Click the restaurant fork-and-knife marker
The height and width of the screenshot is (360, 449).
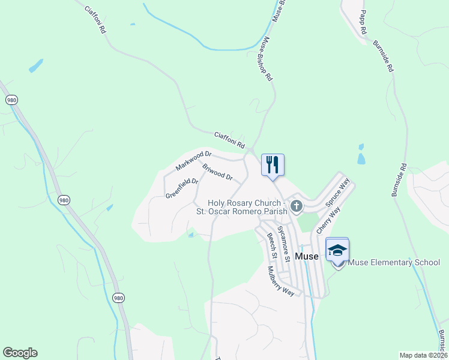click(x=273, y=165)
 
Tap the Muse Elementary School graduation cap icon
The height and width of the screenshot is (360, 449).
click(x=337, y=250)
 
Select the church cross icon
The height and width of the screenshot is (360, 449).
click(x=296, y=206)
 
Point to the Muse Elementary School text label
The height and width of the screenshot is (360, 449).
click(x=394, y=262)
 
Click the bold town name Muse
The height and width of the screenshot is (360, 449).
click(x=307, y=256)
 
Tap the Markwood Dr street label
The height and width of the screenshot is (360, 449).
click(x=194, y=160)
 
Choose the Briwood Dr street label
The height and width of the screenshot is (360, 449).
click(x=217, y=172)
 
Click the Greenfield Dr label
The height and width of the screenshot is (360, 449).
click(x=181, y=188)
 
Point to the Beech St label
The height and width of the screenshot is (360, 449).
click(x=271, y=246)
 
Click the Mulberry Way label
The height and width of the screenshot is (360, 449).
click(x=280, y=281)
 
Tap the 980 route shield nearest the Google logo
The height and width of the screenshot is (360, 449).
click(x=118, y=297)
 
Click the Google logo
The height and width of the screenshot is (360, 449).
click(x=20, y=353)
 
